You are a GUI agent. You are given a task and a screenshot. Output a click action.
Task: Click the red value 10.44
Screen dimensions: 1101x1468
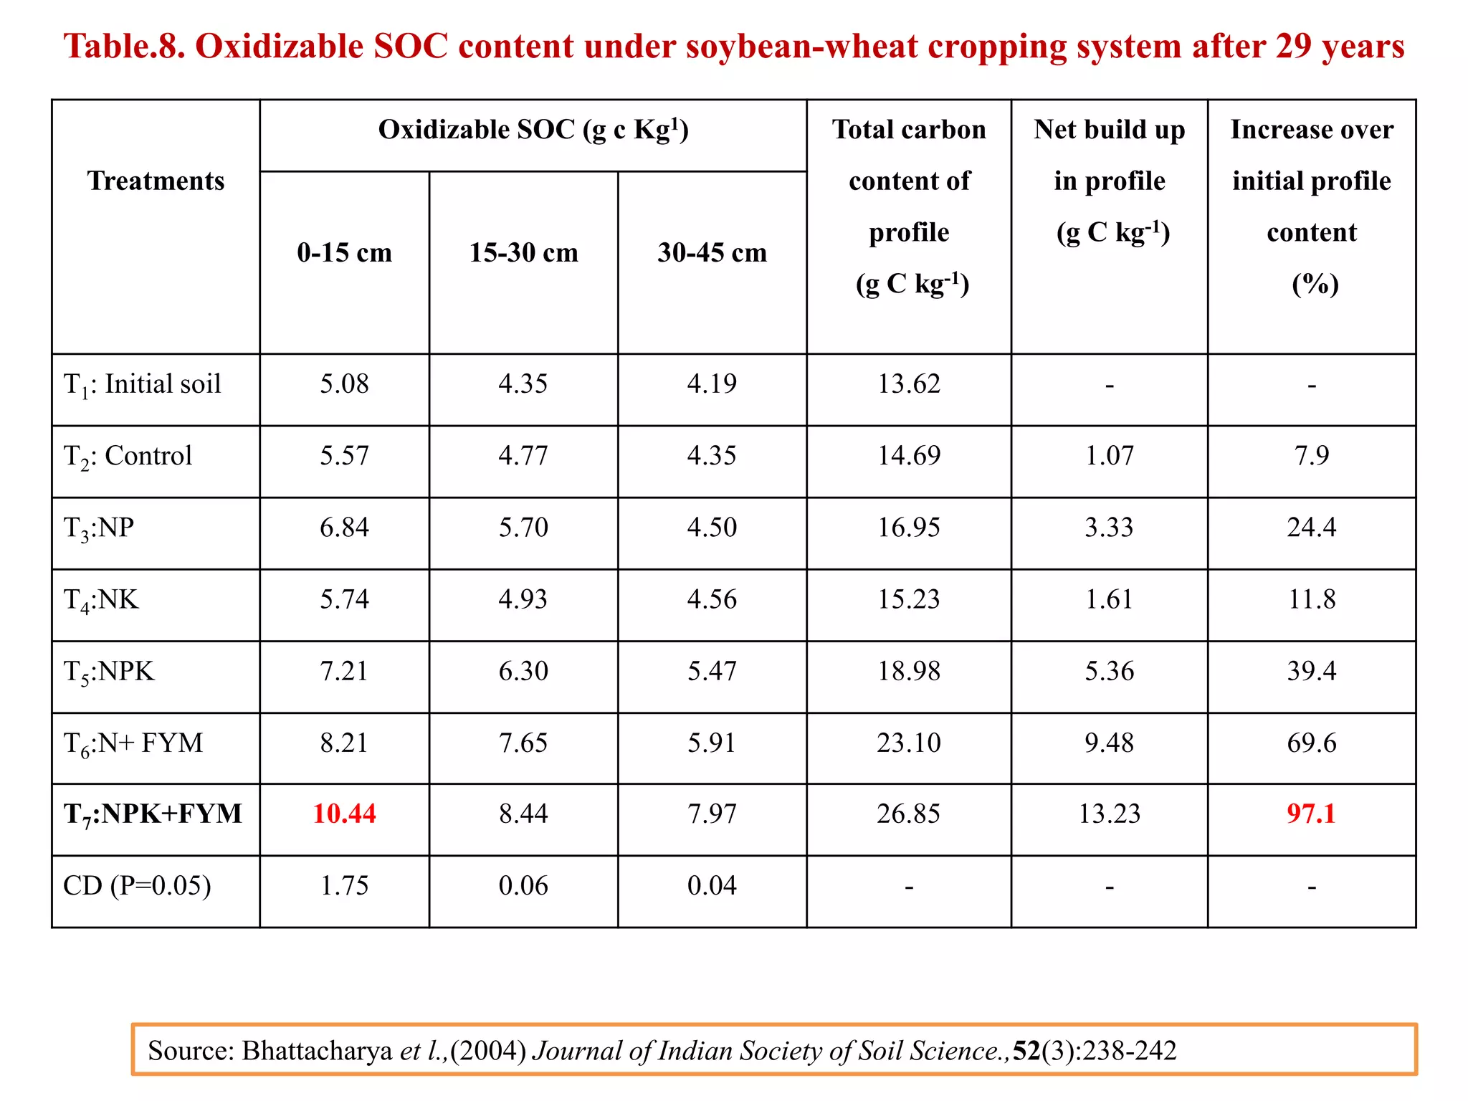344,814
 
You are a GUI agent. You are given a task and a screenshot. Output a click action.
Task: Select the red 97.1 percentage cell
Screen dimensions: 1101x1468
1311,814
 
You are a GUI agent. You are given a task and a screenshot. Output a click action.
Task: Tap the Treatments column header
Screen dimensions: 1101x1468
156,181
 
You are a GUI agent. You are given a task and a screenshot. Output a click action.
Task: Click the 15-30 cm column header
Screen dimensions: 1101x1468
523,253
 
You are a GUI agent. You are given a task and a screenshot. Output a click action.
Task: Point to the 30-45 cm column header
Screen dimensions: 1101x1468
712,253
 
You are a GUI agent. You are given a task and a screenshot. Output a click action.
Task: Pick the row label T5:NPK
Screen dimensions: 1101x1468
109,672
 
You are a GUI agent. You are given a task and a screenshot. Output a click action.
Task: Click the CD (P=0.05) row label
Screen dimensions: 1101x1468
137,886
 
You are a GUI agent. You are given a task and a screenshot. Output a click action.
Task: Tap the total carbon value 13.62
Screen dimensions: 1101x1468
908,384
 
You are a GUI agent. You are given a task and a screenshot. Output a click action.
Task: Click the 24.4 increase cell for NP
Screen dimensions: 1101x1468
1311,528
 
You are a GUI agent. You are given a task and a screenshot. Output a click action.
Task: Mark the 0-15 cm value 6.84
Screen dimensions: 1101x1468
344,528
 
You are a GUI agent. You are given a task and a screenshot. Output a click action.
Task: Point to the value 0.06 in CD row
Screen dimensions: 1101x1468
523,886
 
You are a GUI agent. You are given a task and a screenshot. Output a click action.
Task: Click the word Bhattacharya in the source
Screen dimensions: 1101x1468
317,1051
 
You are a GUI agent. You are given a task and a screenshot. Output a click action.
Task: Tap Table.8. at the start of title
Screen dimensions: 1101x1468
125,47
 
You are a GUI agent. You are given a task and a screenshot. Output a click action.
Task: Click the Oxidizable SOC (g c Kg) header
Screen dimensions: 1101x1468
533,130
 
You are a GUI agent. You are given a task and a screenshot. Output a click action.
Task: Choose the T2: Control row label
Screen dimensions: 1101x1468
128,457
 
